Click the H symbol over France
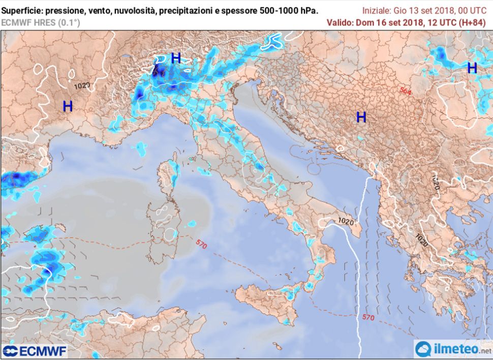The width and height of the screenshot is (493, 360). tap(68, 106)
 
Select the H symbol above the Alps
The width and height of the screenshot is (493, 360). tap(176, 58)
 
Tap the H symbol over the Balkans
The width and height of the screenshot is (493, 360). tap(361, 117)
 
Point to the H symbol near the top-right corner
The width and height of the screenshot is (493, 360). tap(472, 68)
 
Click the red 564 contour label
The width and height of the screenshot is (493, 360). tap(405, 91)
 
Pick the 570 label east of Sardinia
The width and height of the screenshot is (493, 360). tap(201, 245)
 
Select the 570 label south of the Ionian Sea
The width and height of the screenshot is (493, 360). tap(369, 317)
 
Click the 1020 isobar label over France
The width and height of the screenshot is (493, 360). tap(82, 86)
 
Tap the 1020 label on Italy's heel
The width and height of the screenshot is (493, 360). tap(345, 221)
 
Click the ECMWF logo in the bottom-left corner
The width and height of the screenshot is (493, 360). tap(35, 351)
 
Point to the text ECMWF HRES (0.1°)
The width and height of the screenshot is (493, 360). tap(40, 22)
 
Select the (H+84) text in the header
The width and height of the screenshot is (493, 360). tap(472, 22)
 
